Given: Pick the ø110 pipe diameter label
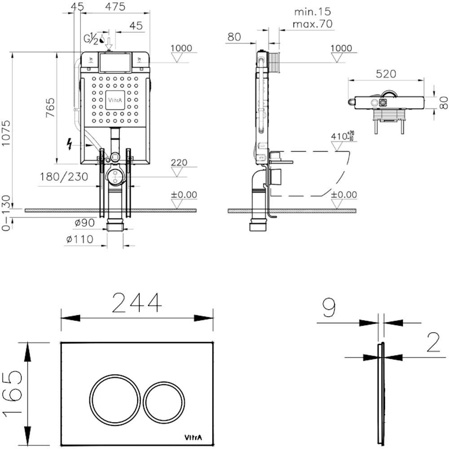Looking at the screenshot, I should (79, 240).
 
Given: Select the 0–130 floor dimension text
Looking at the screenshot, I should (5, 213).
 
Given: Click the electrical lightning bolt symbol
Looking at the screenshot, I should (70, 143).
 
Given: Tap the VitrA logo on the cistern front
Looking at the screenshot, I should (115, 100).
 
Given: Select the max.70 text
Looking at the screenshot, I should (313, 24).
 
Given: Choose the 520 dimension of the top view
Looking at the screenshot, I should (386, 74).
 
